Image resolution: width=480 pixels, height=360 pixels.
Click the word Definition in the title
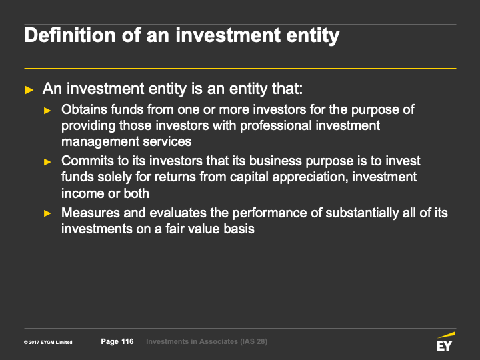pyautogui.click(x=70, y=35)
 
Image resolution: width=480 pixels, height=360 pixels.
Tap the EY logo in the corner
pyautogui.click(x=446, y=341)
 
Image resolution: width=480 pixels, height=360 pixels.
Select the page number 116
pyautogui.click(x=127, y=341)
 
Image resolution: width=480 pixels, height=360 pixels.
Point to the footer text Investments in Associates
pyautogui.click(x=192, y=341)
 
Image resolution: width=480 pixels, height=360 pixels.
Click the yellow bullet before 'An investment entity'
pyautogui.click(x=29, y=90)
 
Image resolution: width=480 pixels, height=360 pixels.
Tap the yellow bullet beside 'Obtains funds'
pyautogui.click(x=47, y=111)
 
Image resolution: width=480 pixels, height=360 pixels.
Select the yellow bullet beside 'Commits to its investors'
pyautogui.click(x=47, y=161)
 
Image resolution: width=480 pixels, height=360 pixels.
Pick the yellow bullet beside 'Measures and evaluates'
pyautogui.click(x=47, y=213)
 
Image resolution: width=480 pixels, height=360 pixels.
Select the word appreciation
pyautogui.click(x=310, y=177)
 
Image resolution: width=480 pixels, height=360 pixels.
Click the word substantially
pyautogui.click(x=362, y=213)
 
